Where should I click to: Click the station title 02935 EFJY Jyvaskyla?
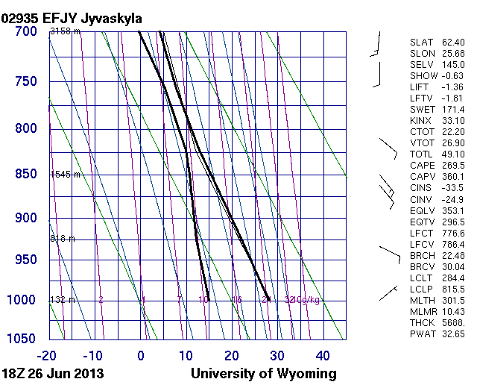(x=72, y=16)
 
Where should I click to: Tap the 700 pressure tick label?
(x=25, y=31)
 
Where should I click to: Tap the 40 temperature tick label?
(x=323, y=355)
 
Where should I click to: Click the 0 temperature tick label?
(x=141, y=355)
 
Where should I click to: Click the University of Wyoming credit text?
(x=264, y=373)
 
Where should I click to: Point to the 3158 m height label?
(x=64, y=31)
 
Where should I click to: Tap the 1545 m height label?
(x=64, y=174)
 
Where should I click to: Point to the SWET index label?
(x=423, y=110)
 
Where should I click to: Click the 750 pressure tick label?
(x=25, y=81)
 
